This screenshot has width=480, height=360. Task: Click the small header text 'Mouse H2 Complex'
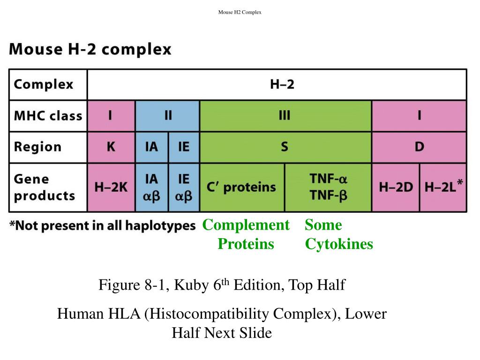pyautogui.click(x=240, y=12)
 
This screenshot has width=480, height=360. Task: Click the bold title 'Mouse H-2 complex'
pyautogui.click(x=90, y=49)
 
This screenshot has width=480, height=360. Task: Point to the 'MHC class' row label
pyautogui.click(x=48, y=116)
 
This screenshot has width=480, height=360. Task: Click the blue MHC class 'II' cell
pyautogui.click(x=167, y=116)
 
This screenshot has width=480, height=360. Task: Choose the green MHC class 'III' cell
pyautogui.click(x=285, y=116)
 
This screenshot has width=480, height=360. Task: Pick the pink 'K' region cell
pyautogui.click(x=111, y=147)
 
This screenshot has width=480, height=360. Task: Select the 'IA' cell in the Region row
pyautogui.click(x=151, y=147)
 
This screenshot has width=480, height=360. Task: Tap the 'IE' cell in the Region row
pyautogui.click(x=184, y=147)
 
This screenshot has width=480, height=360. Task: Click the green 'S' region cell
pyautogui.click(x=285, y=147)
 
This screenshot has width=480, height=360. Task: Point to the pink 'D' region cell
pyautogui.click(x=419, y=147)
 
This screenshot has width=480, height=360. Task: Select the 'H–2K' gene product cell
pyautogui.click(x=111, y=187)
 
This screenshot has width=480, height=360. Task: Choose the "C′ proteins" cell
pyautogui.click(x=241, y=187)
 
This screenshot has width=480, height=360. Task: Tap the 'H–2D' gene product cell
pyautogui.click(x=396, y=187)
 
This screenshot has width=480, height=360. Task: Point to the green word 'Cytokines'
pyautogui.click(x=339, y=244)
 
